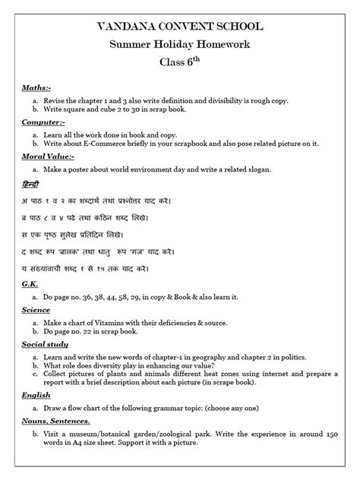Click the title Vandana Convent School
[x=180, y=27]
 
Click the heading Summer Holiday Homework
[x=180, y=47]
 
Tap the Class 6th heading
[x=180, y=68]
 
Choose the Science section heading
[x=36, y=311]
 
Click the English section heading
[x=36, y=395]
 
